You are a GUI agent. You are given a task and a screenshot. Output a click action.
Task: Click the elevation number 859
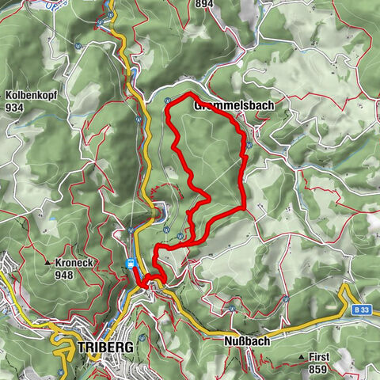click(318, 370)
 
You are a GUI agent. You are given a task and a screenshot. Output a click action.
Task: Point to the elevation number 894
click(204, 4)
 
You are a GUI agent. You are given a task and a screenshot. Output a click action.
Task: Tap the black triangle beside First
click(302, 358)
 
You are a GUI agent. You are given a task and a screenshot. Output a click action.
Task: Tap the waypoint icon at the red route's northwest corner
click(168, 101)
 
